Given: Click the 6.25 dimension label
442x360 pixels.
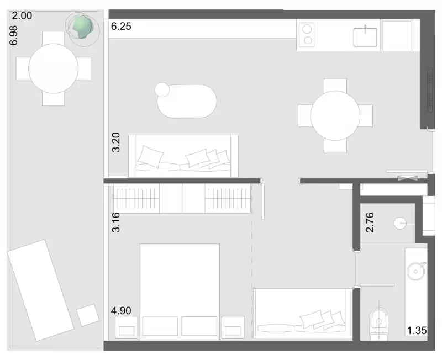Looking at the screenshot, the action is [x=121, y=26].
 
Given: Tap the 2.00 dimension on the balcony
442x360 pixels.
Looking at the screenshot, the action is [x=22, y=15].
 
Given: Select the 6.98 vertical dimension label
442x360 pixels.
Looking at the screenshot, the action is [x=13, y=35].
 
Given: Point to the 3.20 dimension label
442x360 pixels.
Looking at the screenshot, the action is [x=116, y=142].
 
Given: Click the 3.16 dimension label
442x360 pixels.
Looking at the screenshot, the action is [x=116, y=223].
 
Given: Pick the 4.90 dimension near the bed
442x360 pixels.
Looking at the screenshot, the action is [x=121, y=310].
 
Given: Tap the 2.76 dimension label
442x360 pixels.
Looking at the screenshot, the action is [x=370, y=223].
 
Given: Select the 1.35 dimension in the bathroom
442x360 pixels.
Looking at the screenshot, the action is [x=417, y=330].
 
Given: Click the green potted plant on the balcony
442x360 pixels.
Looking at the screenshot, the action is [x=82, y=27].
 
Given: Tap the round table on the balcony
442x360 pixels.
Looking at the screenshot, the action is [x=53, y=68].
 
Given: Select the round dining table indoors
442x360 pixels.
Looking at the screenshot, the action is [x=335, y=115].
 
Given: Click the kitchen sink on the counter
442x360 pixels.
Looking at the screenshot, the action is [x=365, y=36].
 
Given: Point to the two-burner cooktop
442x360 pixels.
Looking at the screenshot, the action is [x=307, y=35].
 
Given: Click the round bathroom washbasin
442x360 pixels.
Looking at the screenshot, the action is [x=416, y=271].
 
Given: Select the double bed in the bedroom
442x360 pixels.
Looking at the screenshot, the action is [x=180, y=290].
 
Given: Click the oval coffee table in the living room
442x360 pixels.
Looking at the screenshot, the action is [x=187, y=101].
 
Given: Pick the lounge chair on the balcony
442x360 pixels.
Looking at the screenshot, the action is [x=40, y=290].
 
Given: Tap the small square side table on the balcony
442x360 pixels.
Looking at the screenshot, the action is [x=88, y=315].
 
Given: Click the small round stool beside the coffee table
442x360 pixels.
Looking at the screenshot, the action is [x=162, y=89].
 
